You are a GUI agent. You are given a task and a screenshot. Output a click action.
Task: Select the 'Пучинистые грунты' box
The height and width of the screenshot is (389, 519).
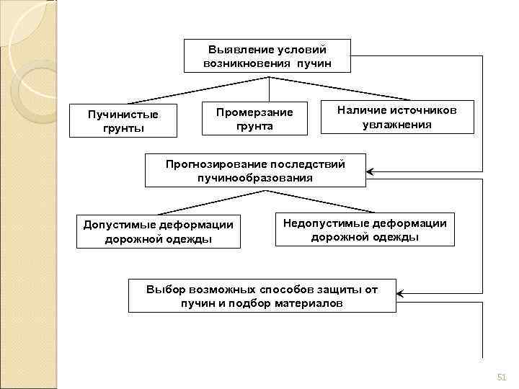coord(123,121)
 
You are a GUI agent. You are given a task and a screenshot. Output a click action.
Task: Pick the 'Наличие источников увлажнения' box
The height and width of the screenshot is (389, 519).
coord(396,116)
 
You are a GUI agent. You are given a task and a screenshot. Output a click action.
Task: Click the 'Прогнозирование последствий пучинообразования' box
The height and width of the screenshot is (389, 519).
coord(255,171)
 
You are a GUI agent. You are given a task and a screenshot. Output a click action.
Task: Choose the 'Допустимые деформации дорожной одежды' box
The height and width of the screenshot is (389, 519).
coord(159,231)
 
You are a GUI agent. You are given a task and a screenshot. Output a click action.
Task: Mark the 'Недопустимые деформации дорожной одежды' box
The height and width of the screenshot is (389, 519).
coord(365,230)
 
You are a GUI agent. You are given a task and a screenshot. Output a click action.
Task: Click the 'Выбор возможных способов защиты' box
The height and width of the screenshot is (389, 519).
coord(262,296)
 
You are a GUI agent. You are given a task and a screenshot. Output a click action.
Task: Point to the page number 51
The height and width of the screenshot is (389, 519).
coord(502,377)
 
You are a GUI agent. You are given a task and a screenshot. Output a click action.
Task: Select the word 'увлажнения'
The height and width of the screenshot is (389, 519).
coord(396,124)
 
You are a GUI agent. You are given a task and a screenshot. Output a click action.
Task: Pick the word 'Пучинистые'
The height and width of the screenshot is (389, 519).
coord(123,115)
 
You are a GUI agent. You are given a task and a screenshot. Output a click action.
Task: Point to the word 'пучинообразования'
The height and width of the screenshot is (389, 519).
coord(255,178)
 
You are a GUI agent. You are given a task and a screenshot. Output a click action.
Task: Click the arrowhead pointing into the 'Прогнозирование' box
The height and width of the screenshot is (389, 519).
coord(371,171)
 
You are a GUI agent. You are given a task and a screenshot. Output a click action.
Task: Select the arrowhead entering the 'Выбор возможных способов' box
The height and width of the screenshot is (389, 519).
coord(401,294)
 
